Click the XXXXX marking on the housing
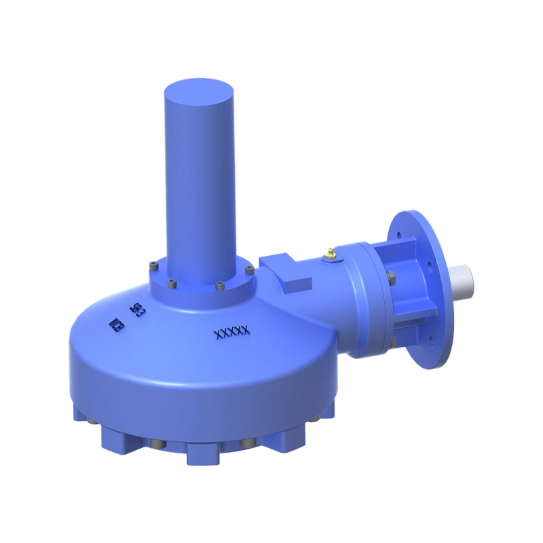point(232,332)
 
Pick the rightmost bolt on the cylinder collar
point(248,271)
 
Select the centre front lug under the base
point(202,453)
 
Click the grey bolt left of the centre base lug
point(157,445)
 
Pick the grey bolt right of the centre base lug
point(246,445)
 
